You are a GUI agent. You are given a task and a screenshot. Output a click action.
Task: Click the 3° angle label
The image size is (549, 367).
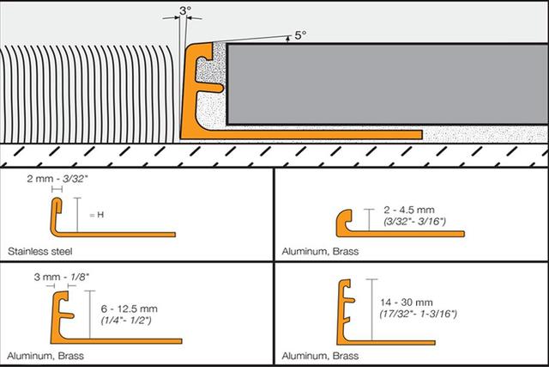pyautogui.click(x=185, y=11)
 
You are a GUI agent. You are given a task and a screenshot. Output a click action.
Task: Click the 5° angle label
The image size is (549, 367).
pyautogui.click(x=300, y=35)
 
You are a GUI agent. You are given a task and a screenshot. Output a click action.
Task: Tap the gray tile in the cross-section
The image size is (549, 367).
pyautogui.click(x=387, y=84)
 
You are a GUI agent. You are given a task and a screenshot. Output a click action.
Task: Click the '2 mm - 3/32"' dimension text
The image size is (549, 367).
pyautogui.click(x=57, y=179)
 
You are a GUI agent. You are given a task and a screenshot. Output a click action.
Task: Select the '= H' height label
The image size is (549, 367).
pyautogui.click(x=97, y=215)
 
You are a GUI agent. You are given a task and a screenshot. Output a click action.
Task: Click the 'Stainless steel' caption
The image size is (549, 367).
pyautogui.click(x=40, y=252)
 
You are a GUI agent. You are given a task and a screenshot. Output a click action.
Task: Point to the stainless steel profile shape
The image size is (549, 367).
pyautogui.click(x=112, y=217)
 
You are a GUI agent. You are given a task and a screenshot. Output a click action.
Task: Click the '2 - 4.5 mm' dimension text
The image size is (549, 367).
pyautogui.click(x=409, y=210)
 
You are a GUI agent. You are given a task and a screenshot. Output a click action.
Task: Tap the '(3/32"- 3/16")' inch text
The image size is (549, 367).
pyautogui.click(x=414, y=222)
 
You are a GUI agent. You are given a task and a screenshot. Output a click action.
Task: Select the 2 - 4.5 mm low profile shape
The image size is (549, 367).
pyautogui.click(x=401, y=223)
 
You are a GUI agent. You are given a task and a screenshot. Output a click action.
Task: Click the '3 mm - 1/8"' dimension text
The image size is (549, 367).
pyautogui.click(x=62, y=277)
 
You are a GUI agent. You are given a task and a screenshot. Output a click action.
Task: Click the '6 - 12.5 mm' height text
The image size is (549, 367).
pyautogui.click(x=130, y=309)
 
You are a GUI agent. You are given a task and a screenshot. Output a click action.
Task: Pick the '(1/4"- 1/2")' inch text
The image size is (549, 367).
pyautogui.click(x=126, y=321)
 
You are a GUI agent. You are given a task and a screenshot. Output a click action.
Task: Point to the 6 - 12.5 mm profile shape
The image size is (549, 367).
pyautogui.click(x=117, y=317)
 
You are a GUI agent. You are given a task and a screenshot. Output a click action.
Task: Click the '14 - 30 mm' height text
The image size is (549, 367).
pyautogui.click(x=407, y=303)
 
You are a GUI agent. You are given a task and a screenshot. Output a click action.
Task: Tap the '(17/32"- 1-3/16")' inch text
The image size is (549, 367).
pyautogui.click(x=419, y=314)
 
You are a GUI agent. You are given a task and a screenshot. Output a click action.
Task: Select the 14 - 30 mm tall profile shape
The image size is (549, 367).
pyautogui.click(x=386, y=312)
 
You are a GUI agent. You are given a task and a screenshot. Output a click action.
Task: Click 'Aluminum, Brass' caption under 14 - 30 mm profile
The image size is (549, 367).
pyautogui.click(x=320, y=356)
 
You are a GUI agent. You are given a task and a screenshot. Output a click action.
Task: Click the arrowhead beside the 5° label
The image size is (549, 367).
pyautogui.click(x=288, y=39)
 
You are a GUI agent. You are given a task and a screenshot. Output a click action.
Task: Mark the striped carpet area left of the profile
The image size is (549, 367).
pyautogui.click(x=87, y=94)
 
